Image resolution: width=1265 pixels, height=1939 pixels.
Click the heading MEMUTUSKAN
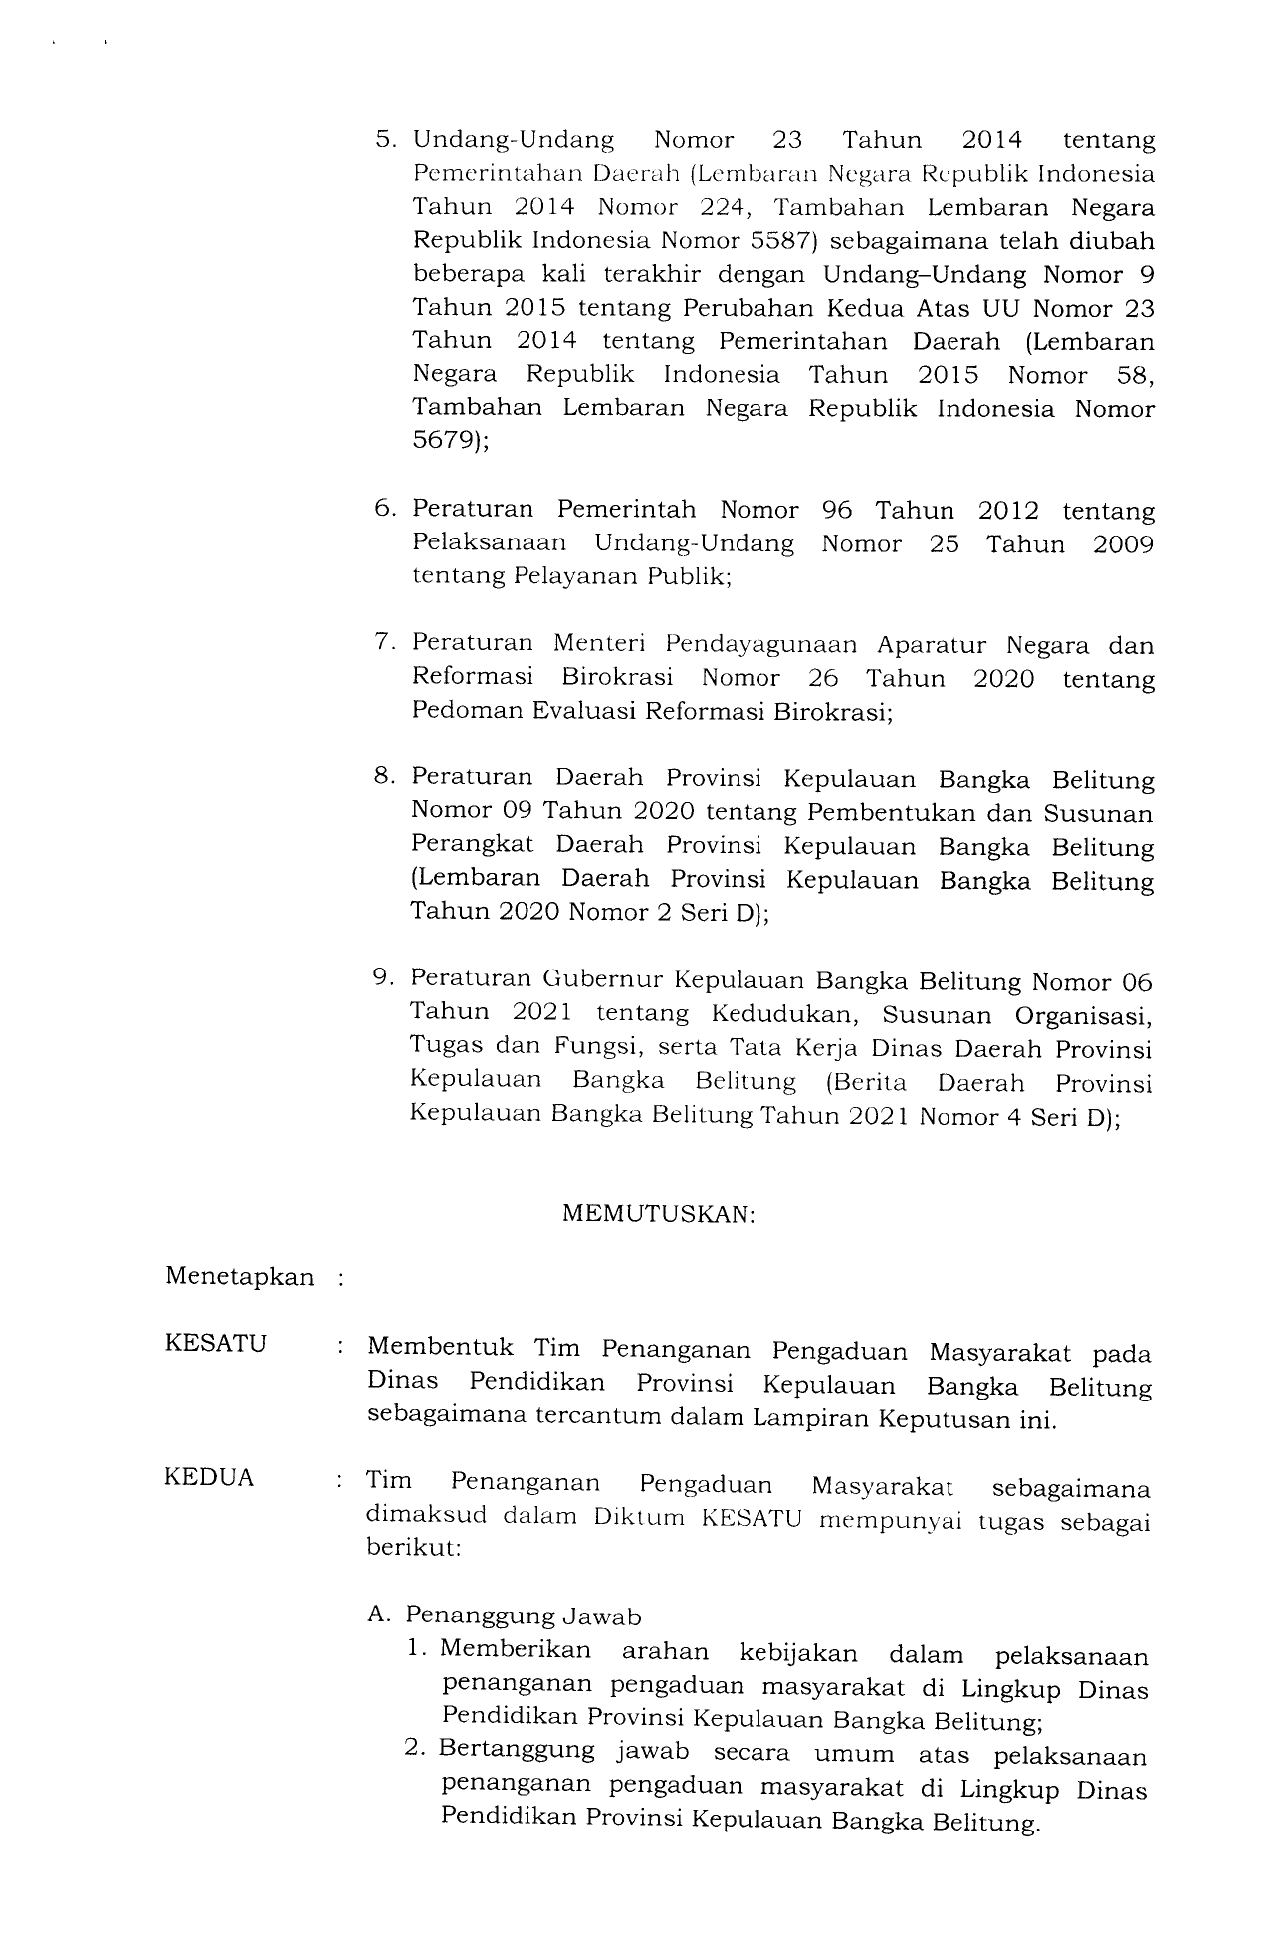click(659, 1214)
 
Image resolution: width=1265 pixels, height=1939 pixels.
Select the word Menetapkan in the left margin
click(239, 1277)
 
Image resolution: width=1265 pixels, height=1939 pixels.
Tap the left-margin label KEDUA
click(209, 1479)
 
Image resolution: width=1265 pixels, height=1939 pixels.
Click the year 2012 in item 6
click(1008, 511)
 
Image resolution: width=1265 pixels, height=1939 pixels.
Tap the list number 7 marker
click(383, 643)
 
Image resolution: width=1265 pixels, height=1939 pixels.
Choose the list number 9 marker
click(381, 978)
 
